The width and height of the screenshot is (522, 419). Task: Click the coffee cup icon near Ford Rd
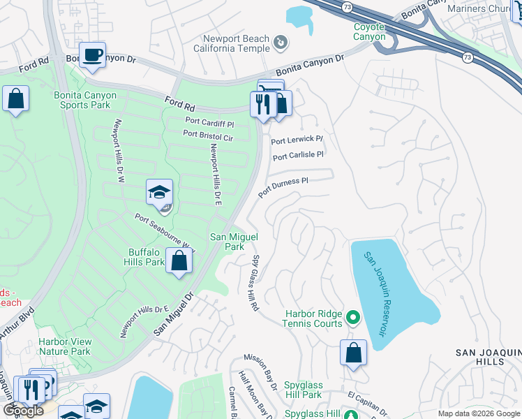point(92,55)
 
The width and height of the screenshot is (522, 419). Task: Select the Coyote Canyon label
point(365,31)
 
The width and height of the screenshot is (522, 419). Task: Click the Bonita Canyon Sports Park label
point(81,99)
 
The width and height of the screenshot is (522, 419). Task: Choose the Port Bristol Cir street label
point(207,133)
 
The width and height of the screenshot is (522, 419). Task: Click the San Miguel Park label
point(228,242)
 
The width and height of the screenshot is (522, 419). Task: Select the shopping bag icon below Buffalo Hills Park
point(179,262)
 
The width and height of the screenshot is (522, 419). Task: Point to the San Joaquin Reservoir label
point(374,293)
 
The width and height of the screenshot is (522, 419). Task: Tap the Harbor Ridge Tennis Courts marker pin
point(352,318)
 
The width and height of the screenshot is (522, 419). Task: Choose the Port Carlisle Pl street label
point(298,156)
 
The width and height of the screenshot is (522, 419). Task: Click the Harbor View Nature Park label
point(65,346)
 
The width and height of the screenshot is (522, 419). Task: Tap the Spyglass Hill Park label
point(313,390)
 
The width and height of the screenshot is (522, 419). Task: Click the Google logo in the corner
point(23,411)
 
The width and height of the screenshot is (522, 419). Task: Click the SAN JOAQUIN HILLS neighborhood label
point(488,357)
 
